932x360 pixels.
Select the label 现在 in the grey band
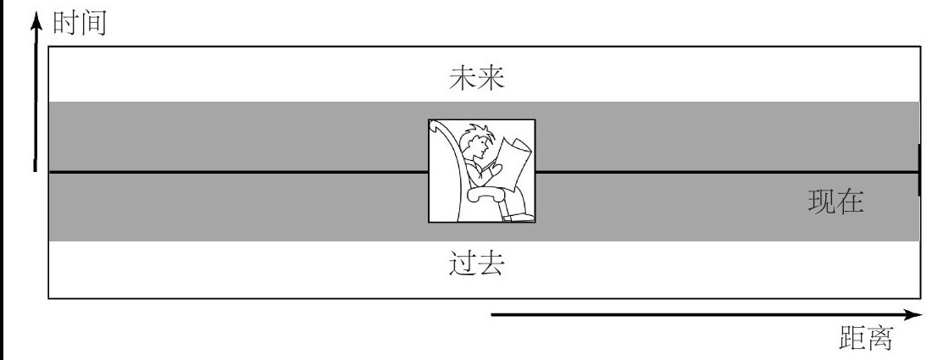tap(835, 202)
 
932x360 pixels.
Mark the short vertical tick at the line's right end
tap(920, 171)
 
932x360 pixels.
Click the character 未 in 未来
tap(464, 80)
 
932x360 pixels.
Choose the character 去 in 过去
tap(491, 264)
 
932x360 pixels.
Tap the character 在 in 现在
tap(851, 202)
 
